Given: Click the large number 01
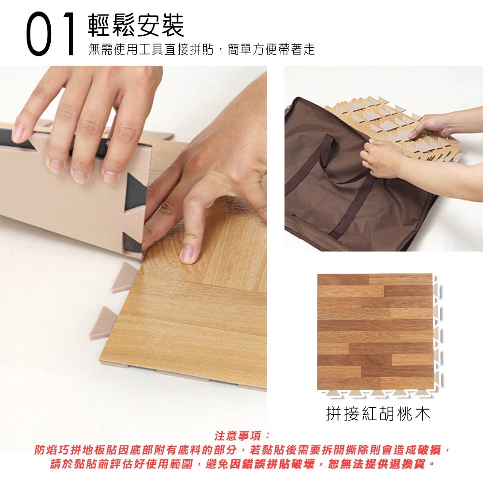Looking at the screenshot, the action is click(x=50, y=34).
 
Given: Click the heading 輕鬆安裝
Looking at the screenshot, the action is click(x=136, y=25).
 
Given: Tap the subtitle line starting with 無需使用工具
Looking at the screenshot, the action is click(x=202, y=49).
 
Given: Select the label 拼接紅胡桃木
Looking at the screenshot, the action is click(x=378, y=413).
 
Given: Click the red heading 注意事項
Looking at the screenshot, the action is click(x=241, y=436).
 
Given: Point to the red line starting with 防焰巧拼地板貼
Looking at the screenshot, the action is click(x=242, y=450).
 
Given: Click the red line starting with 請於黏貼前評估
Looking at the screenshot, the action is click(x=242, y=464).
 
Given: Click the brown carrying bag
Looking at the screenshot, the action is click(x=354, y=182).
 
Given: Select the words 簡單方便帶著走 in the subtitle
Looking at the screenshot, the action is click(x=271, y=49).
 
